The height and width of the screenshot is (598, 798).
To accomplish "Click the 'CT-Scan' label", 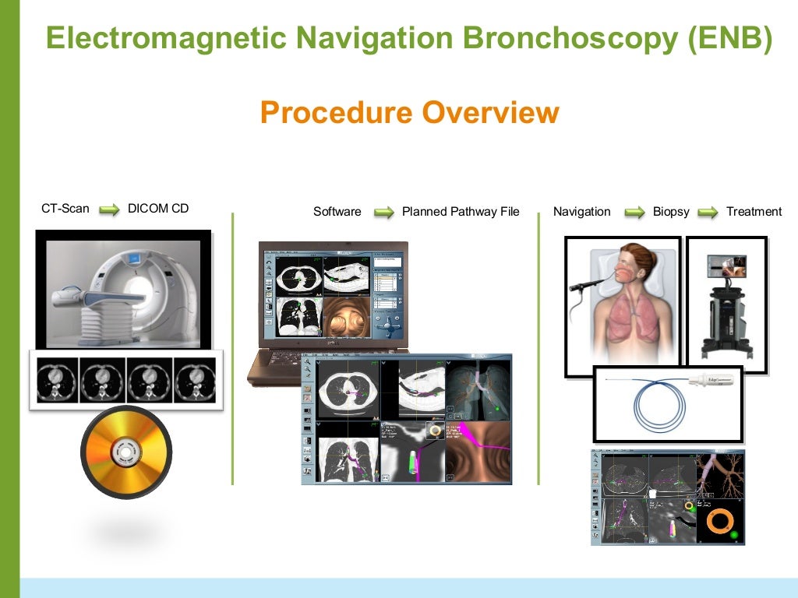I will click(x=65, y=209).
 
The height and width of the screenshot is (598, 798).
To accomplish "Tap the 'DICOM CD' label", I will click(x=158, y=209).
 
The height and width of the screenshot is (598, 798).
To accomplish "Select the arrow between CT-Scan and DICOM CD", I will click(x=108, y=209).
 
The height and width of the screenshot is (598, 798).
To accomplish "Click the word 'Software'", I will click(x=337, y=212).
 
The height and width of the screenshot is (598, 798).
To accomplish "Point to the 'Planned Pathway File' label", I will click(x=460, y=212).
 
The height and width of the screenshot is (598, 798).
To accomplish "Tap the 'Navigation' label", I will click(x=581, y=212).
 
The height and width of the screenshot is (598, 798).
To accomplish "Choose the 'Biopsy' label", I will click(x=671, y=212).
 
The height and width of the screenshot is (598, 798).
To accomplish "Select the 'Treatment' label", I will click(x=754, y=212).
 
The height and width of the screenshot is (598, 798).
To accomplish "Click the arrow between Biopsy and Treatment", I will click(x=708, y=212).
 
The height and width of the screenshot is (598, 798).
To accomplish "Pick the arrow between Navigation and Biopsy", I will click(x=634, y=212).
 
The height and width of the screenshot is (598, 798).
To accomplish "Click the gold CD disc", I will click(x=126, y=452).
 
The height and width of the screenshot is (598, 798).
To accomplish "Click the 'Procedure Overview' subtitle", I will click(x=409, y=112).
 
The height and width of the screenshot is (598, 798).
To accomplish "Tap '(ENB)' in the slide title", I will click(x=730, y=37).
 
